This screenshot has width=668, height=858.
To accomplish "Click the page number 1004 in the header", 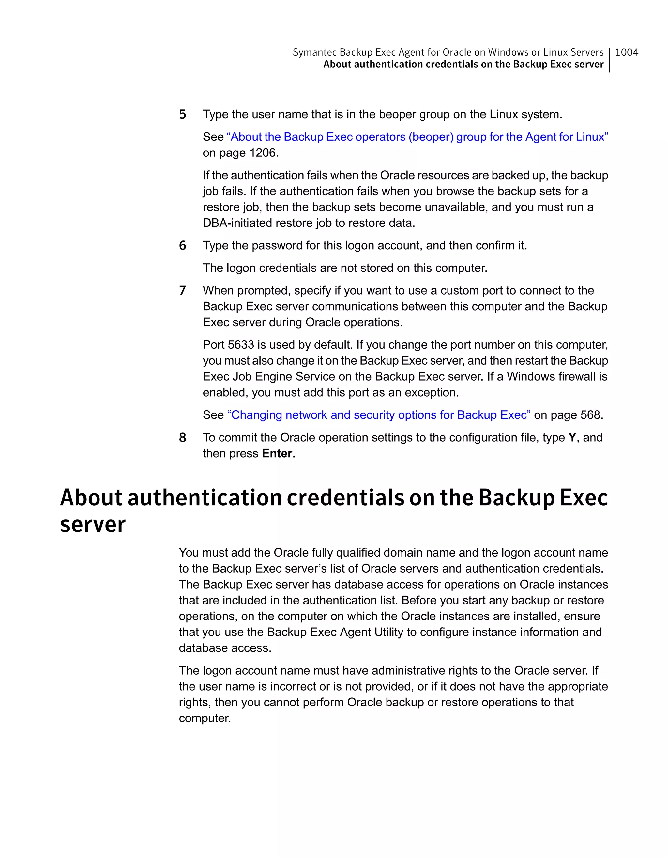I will click(x=626, y=52).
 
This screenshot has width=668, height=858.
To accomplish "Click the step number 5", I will click(x=182, y=115).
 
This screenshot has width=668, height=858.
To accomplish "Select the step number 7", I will click(x=182, y=291).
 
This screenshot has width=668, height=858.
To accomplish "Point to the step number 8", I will click(x=182, y=438).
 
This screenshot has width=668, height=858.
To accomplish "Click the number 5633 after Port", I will click(x=241, y=345).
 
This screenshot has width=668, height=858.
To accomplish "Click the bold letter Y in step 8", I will click(x=572, y=438).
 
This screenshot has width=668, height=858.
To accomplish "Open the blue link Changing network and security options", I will click(x=379, y=415).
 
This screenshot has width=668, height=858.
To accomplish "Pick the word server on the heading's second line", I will click(x=93, y=525).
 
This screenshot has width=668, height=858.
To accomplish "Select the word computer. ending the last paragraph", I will click(x=205, y=719).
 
